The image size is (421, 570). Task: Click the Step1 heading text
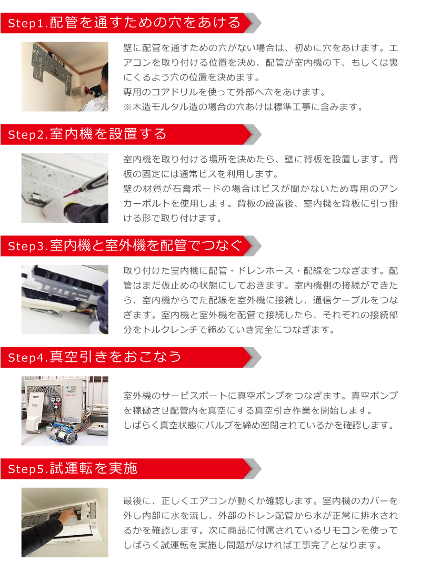(124, 23)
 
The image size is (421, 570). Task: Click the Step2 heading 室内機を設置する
(87, 134)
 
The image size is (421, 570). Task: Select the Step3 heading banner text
(124, 245)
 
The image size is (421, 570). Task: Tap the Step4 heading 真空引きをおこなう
(95, 357)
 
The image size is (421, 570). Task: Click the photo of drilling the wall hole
(65, 76)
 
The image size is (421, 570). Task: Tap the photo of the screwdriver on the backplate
(65, 188)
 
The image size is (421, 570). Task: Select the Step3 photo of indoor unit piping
(65, 299)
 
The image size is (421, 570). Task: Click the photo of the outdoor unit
(65, 410)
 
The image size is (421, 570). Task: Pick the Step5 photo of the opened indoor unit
(65, 522)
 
